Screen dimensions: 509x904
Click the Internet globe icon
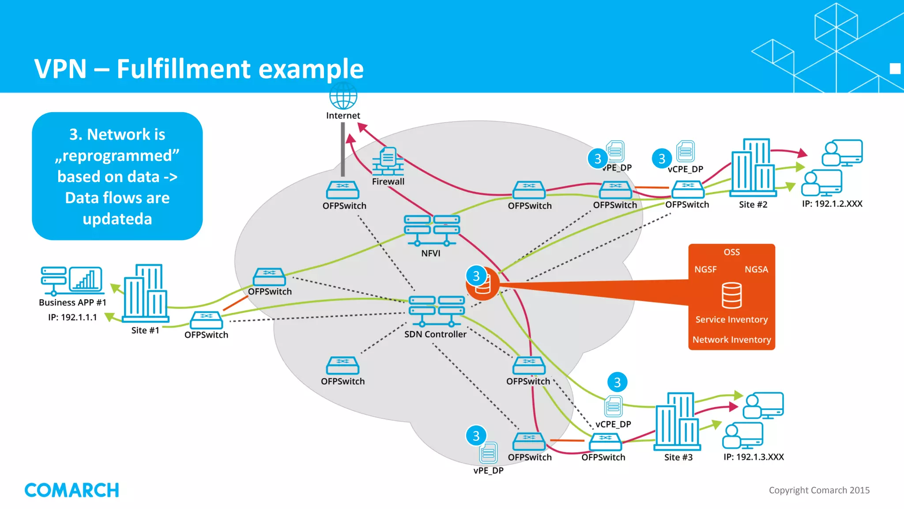pyautogui.click(x=343, y=96)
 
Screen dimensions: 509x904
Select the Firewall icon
pyautogui.click(x=388, y=162)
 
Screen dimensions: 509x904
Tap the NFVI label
pyautogui.click(x=430, y=253)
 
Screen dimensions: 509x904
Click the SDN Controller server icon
pyautogui.click(x=436, y=311)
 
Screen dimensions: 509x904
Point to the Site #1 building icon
pyautogui.click(x=145, y=293)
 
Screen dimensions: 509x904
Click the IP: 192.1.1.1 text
pyautogui.click(x=72, y=317)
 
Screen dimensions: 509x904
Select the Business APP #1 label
pyautogui.click(x=72, y=303)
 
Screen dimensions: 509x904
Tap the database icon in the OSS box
pyautogui.click(x=731, y=295)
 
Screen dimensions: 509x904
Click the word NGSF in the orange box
pyautogui.click(x=705, y=270)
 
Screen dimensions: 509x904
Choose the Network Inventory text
pyautogui.click(x=731, y=340)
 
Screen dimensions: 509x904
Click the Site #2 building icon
pyautogui.click(x=753, y=167)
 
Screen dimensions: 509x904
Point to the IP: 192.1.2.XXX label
pyautogui.click(x=832, y=204)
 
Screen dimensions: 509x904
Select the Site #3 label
pyautogui.click(x=678, y=457)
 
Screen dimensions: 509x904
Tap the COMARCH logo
pyautogui.click(x=72, y=490)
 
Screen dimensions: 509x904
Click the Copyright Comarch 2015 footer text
pyautogui.click(x=819, y=490)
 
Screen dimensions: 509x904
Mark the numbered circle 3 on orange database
pyautogui.click(x=476, y=276)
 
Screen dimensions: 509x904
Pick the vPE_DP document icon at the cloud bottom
pyautogui.click(x=488, y=453)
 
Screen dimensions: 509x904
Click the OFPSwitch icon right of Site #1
pyautogui.click(x=206, y=320)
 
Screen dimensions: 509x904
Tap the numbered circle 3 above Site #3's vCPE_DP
pyautogui.click(x=617, y=382)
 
